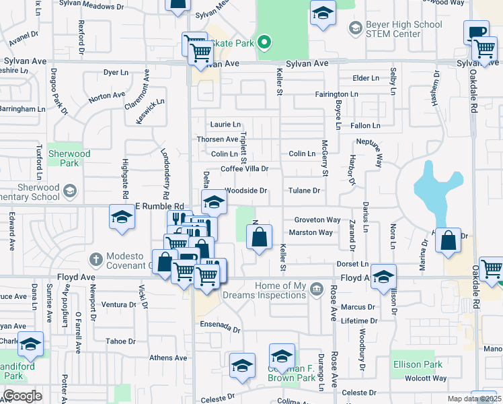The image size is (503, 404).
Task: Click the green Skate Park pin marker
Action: pyautogui.click(x=264, y=43)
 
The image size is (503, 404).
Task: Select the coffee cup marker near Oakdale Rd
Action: pyautogui.click(x=476, y=32)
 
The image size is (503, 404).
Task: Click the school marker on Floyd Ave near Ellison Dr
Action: pyautogui.click(x=383, y=277)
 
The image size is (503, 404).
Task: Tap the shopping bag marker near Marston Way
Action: pyautogui.click(x=259, y=237)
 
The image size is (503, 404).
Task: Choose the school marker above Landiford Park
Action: pyautogui.click(x=30, y=344)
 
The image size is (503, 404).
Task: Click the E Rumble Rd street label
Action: pyautogui.click(x=159, y=206)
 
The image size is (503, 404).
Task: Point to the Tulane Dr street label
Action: pyautogui.click(x=304, y=191)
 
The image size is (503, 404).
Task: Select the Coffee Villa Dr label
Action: pyautogui.click(x=245, y=169)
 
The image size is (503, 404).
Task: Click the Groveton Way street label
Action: pyautogui.click(x=317, y=220)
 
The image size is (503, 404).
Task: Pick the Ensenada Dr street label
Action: pyautogui.click(x=220, y=327)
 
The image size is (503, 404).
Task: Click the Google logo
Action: pyautogui.click(x=22, y=396)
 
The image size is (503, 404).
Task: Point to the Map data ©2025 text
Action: pyautogui.click(x=475, y=399)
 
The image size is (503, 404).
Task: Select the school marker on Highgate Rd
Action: pyautogui.click(x=122, y=217)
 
